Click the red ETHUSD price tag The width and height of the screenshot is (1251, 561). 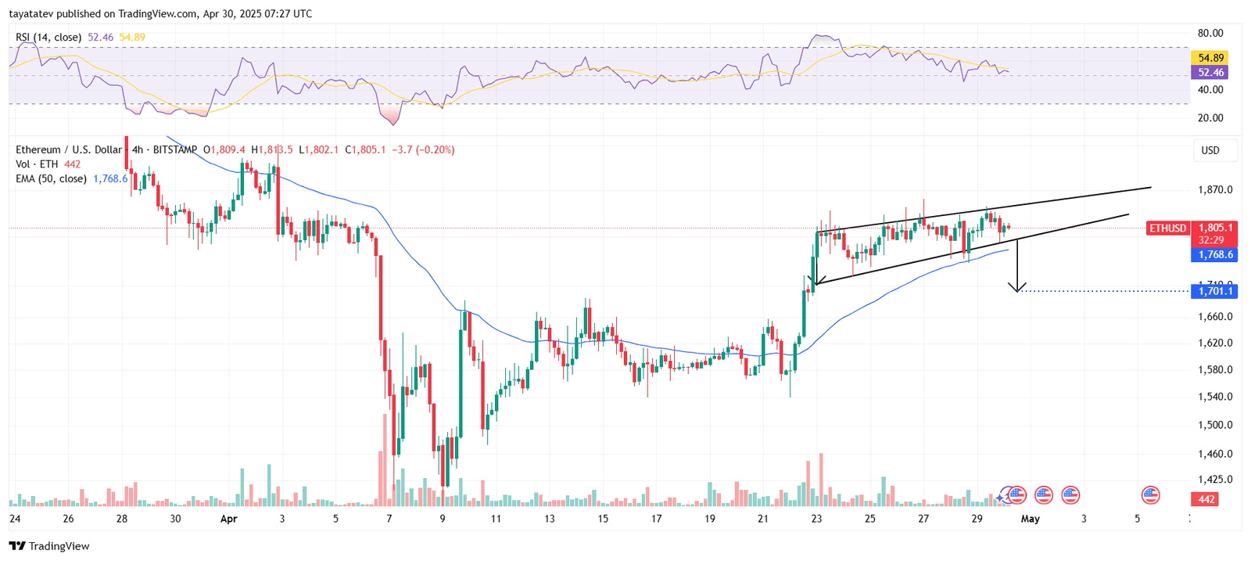pyautogui.click(x=1167, y=228)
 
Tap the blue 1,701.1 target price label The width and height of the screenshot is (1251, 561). pyautogui.click(x=1213, y=291)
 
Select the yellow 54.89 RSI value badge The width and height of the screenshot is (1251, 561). pyautogui.click(x=1210, y=58)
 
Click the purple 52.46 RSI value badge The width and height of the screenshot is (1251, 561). pyautogui.click(x=1210, y=73)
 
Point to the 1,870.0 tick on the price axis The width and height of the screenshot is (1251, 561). pyautogui.click(x=1214, y=189)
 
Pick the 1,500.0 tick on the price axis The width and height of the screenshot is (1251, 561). pyautogui.click(x=1214, y=425)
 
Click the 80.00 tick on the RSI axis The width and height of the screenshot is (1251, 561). pyautogui.click(x=1210, y=34)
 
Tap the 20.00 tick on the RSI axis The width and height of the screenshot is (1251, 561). pyautogui.click(x=1210, y=118)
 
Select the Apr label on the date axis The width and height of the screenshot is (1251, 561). pyautogui.click(x=228, y=519)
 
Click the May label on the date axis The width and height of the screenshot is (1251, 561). pyautogui.click(x=1031, y=519)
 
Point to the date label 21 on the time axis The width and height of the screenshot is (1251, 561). pyautogui.click(x=763, y=519)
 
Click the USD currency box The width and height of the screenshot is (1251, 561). pyautogui.click(x=1210, y=150)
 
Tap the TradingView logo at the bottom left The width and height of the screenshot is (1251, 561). pyautogui.click(x=49, y=546)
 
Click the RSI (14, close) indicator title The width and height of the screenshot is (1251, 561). pyautogui.click(x=48, y=38)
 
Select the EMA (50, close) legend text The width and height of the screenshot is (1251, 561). pyautogui.click(x=51, y=179)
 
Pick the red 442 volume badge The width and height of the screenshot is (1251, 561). pyautogui.click(x=1206, y=499)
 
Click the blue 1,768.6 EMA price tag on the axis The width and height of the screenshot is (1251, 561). pyautogui.click(x=1213, y=255)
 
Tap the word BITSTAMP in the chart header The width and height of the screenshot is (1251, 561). pyautogui.click(x=175, y=149)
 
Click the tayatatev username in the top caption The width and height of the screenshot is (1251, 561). pyautogui.click(x=30, y=14)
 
